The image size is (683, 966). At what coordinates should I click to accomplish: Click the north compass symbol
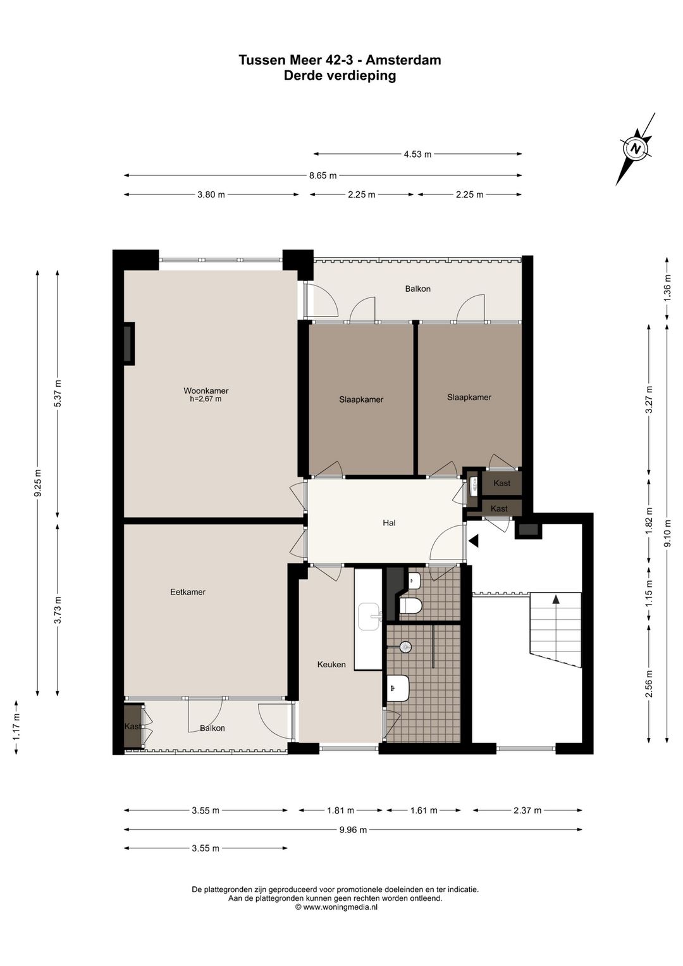636,149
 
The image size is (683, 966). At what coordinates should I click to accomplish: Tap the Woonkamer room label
206,391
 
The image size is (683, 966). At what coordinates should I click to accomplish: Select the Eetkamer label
188,592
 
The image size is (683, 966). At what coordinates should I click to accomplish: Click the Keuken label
331,665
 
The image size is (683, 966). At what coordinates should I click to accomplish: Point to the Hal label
389,523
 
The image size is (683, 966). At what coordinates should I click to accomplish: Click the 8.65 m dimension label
323,175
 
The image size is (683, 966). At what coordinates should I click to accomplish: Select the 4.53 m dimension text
417,154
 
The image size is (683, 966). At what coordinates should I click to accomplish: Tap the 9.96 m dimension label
353,829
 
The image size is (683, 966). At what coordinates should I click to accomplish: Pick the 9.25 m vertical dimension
37,482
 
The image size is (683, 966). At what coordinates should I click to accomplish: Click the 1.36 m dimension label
667,288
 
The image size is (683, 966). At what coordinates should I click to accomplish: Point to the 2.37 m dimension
527,810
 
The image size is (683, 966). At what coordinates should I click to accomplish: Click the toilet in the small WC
410,605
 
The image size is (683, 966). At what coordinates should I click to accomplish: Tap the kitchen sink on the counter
370,617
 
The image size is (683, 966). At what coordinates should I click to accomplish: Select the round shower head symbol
406,646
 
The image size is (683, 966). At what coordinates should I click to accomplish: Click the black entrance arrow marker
474,541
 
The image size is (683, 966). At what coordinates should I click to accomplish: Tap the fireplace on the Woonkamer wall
128,344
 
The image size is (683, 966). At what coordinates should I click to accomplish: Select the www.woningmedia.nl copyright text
336,895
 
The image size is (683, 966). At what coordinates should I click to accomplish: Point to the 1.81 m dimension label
340,810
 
